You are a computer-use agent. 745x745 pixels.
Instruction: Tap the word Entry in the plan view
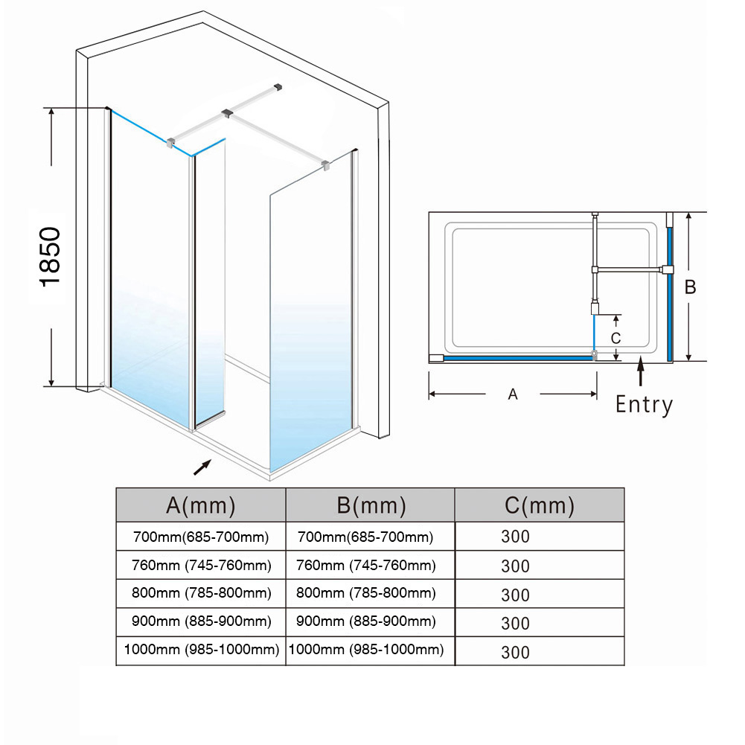pos(644,405)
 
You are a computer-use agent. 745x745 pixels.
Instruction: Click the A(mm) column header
pos(201,505)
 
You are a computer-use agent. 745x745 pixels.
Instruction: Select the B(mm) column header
pos(371,505)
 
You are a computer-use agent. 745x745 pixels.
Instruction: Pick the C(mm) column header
pos(540,505)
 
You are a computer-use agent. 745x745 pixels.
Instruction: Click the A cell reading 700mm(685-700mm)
pos(201,537)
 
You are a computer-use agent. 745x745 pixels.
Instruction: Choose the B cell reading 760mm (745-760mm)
pos(366,566)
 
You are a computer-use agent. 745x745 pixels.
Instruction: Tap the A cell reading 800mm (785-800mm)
pos(201,593)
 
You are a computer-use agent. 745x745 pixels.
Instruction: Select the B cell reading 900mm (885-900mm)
pos(366,621)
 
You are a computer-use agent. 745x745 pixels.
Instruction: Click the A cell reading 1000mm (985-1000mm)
pos(201,649)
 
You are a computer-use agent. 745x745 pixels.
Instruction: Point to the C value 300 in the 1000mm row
pos(515,653)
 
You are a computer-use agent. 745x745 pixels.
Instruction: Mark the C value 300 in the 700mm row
pos(515,537)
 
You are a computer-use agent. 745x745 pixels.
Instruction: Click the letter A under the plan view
pos(513,395)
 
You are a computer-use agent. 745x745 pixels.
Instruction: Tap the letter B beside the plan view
pos(691,287)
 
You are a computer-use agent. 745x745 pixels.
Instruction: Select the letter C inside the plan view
pos(615,337)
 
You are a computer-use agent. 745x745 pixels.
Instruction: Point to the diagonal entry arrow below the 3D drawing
pos(202,467)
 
